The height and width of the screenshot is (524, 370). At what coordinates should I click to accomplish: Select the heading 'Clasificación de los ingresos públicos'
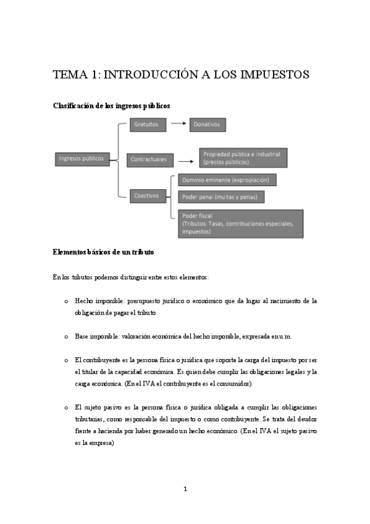111,106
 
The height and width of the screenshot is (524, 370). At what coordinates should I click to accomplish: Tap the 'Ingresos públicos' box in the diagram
80,158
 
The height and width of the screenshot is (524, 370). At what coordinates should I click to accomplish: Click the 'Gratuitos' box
146,124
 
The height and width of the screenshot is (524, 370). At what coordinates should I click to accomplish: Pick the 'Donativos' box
208,124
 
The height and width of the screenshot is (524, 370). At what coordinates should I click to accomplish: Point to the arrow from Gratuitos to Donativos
179,124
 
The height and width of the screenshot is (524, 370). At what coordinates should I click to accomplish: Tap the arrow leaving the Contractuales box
185,160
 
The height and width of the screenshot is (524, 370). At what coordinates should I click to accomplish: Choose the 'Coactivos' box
146,195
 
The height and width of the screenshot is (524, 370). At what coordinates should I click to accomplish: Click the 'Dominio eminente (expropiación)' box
227,180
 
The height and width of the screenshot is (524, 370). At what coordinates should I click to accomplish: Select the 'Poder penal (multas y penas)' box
221,197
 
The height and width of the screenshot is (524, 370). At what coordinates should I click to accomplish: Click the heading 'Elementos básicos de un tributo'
103,253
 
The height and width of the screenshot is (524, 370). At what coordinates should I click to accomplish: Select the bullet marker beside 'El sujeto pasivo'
65,408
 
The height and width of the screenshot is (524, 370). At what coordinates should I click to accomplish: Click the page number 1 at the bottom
185,489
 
